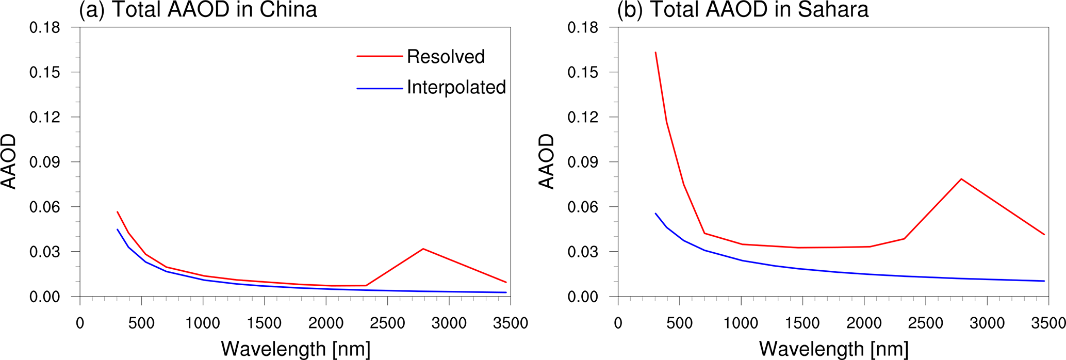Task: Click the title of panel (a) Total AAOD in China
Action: (x=198, y=10)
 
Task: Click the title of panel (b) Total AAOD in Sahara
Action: (x=743, y=10)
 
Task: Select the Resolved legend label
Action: (x=446, y=57)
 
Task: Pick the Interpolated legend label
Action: (x=456, y=88)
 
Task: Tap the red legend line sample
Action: (x=379, y=56)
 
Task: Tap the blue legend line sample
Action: (x=379, y=89)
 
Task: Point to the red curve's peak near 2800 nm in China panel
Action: (x=423, y=249)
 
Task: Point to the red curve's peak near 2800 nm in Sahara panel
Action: (x=961, y=179)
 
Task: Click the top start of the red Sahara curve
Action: (x=655, y=53)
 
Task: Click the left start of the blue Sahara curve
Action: (x=655, y=214)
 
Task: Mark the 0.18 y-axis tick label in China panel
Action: (x=44, y=28)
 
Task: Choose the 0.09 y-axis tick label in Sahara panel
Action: (x=583, y=162)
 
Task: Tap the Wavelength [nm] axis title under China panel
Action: (x=296, y=349)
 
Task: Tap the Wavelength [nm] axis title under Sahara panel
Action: (x=834, y=349)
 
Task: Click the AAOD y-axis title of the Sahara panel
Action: (x=546, y=161)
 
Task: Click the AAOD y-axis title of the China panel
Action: (x=9, y=161)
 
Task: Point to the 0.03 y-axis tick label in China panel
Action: (x=44, y=252)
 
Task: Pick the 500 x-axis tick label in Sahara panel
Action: (x=679, y=323)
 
